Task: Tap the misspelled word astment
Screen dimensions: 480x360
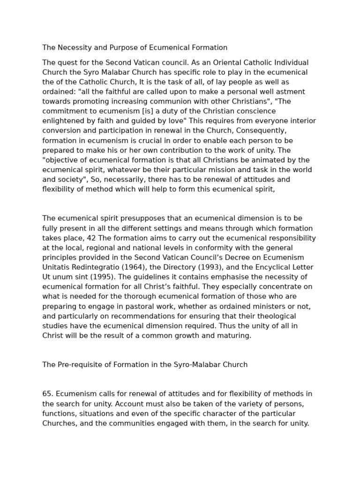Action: pos(292,91)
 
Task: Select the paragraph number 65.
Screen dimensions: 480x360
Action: pos(47,394)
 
